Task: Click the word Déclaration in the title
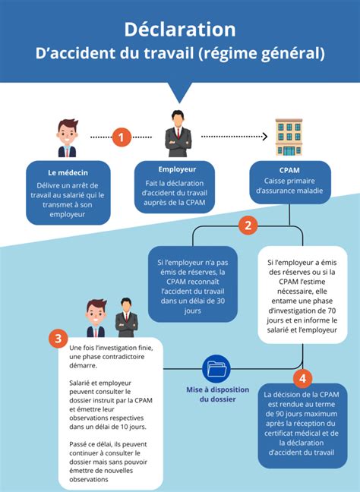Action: [180, 30]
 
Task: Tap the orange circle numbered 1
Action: [122, 137]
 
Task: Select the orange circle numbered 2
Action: [248, 225]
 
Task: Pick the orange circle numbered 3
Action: [58, 339]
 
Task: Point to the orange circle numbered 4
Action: [302, 378]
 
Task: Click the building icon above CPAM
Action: [289, 137]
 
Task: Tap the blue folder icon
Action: [216, 368]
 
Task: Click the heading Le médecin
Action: [68, 172]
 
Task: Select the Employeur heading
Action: [177, 169]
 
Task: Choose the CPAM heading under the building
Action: [289, 170]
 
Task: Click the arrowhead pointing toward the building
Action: [265, 137]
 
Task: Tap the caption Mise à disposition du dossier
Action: [217, 394]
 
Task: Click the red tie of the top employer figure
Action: [178, 133]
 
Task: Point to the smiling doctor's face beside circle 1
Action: [68, 134]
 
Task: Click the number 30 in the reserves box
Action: [221, 301]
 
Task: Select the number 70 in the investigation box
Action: [331, 311]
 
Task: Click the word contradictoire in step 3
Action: [124, 357]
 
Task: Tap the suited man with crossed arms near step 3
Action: [126, 317]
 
